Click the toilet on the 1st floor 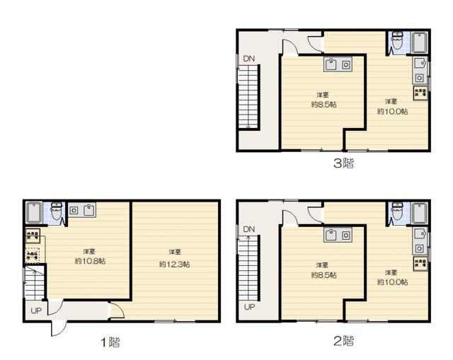click(57, 210)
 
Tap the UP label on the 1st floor click(35, 310)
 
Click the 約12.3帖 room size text click(174, 264)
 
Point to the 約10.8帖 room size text click(89, 261)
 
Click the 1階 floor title click(110, 342)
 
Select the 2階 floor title click(343, 342)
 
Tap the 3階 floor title click(343, 164)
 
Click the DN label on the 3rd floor click(248, 58)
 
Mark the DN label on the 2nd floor click(248, 229)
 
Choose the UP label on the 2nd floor click(249, 307)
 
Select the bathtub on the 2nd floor click(418, 212)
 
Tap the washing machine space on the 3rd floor click(420, 93)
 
